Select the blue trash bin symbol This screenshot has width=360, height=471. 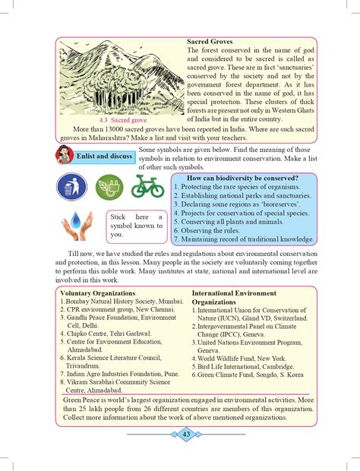[x=71, y=186]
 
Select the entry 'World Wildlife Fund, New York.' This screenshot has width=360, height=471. [x=243, y=358]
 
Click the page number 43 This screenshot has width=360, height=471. [x=185, y=434]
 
